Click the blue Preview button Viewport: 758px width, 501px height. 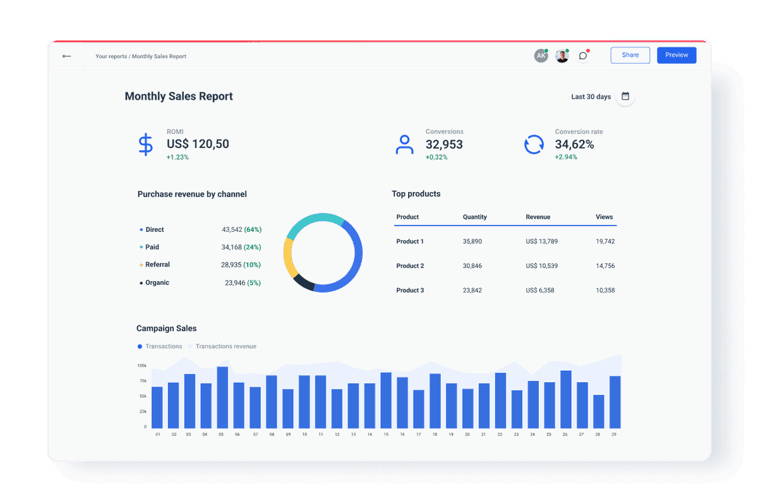point(677,55)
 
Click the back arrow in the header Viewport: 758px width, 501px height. point(66,56)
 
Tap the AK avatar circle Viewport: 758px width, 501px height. point(540,56)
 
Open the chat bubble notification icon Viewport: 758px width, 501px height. point(583,56)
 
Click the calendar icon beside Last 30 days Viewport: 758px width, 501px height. point(625,97)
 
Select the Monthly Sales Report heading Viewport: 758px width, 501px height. point(179,97)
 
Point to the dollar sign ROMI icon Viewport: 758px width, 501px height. point(145,145)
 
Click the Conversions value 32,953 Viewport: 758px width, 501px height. point(444,145)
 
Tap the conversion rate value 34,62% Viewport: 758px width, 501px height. point(574,145)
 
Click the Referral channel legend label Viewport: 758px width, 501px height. point(157,265)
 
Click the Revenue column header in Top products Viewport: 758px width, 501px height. point(538,217)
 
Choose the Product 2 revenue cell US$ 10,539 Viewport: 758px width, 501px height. point(541,266)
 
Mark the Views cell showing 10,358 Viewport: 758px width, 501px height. point(605,290)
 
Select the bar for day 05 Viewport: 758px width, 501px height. point(222,397)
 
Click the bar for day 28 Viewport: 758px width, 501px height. point(598,411)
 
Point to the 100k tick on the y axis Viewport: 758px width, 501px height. point(141,366)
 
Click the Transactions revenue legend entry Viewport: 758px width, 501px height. point(226,346)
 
